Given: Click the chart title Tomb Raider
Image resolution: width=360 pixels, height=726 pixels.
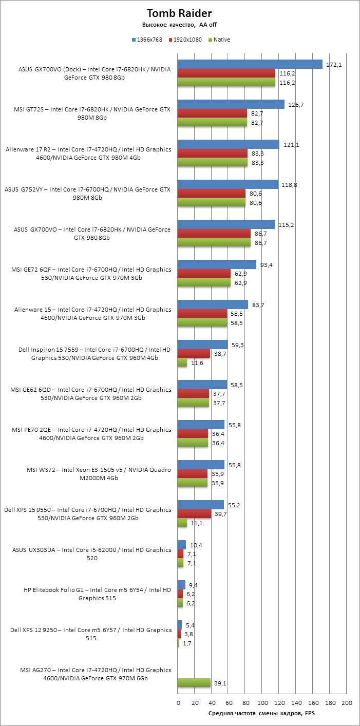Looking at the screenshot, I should click(x=179, y=13).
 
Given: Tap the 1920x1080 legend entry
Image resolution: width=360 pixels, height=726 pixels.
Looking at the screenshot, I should click(x=185, y=40).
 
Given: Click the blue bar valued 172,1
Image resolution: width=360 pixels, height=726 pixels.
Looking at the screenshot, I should click(x=250, y=64).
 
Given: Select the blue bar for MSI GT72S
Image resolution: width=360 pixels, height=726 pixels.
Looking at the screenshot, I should click(x=231, y=104).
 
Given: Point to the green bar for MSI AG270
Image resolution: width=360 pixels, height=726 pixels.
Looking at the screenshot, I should click(x=194, y=682).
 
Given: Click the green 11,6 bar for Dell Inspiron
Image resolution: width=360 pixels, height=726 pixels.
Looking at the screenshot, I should click(x=182, y=362).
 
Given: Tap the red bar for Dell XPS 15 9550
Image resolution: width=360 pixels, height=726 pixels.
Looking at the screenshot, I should click(x=194, y=514).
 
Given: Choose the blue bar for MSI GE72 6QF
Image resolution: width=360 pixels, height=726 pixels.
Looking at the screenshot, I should click(x=216, y=264).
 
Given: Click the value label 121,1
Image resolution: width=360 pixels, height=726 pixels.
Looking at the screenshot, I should click(x=291, y=145).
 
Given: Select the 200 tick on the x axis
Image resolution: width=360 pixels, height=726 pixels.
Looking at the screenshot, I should click(x=347, y=703).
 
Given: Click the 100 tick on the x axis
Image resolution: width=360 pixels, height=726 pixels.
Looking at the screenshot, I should click(x=262, y=703).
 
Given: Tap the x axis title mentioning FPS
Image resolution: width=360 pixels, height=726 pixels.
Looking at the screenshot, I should click(x=262, y=714).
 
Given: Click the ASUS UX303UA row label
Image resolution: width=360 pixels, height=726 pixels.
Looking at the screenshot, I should click(x=91, y=554).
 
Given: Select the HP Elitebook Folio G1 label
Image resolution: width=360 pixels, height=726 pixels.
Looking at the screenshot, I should click(x=97, y=594).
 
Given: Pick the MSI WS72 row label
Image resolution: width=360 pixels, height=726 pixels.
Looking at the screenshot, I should click(x=98, y=474).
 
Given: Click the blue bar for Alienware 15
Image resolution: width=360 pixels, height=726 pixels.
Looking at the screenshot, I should click(x=212, y=304).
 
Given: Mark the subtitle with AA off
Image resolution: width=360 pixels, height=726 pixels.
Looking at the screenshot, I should click(x=179, y=25).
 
